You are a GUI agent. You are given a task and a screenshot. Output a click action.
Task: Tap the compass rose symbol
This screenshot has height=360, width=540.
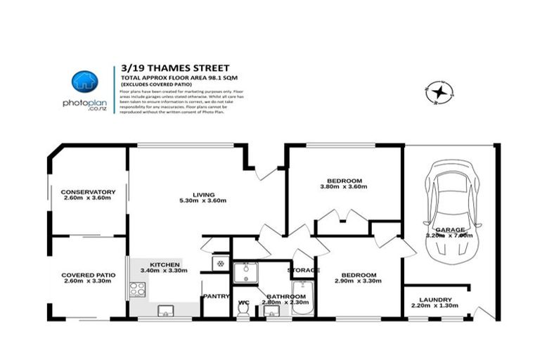click(x=440, y=91)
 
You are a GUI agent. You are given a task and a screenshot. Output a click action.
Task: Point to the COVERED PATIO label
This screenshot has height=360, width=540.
click(x=88, y=275)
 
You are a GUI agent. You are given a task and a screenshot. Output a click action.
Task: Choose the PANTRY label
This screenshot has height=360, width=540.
click(x=216, y=296)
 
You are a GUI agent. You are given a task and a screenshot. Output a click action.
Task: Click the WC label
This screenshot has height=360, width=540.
click(x=244, y=303)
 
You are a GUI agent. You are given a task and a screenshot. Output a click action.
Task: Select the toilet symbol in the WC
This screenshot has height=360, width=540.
click(x=244, y=314)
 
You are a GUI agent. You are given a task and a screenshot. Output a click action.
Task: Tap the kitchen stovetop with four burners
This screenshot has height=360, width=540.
click(x=136, y=288)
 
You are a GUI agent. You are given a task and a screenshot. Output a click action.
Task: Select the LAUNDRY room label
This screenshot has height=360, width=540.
click(x=436, y=300)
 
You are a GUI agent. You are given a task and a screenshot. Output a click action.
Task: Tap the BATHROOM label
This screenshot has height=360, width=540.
click(x=285, y=297)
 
